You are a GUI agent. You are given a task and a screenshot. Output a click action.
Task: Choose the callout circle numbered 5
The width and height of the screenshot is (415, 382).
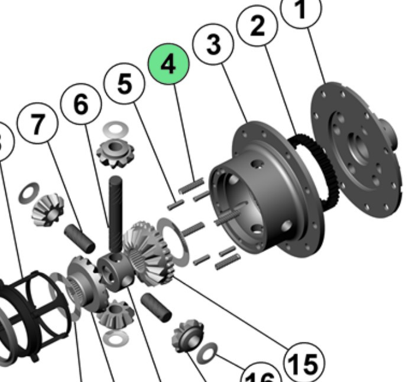tap(124, 84)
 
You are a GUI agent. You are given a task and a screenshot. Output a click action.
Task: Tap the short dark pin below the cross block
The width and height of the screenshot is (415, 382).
tap(157, 307)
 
